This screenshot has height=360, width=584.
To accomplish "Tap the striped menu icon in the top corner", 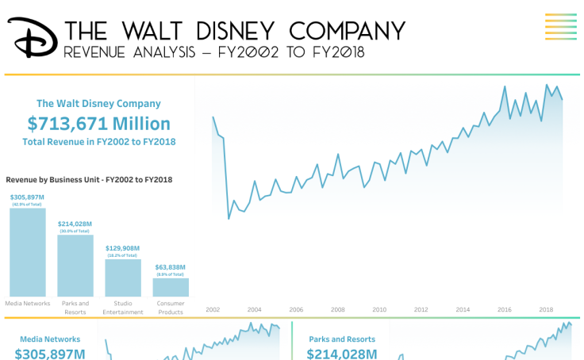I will pyautogui.click(x=560, y=26).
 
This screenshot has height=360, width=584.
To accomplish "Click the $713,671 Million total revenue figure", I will pyautogui.click(x=98, y=124).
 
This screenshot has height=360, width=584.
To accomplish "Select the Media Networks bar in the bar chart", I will pyautogui.click(x=28, y=252).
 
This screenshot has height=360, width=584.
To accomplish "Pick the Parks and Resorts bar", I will pyautogui.click(x=75, y=266).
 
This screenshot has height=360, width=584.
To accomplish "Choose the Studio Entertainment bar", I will pyautogui.click(x=123, y=278).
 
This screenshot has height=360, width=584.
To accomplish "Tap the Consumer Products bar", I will pyautogui.click(x=171, y=287).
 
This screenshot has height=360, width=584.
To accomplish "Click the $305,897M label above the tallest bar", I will pyautogui.click(x=28, y=197).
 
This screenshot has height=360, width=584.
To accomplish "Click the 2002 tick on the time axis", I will pyautogui.click(x=213, y=310).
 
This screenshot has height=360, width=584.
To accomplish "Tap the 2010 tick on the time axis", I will pyautogui.click(x=379, y=310).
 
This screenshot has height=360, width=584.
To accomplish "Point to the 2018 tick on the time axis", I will pyautogui.click(x=546, y=310).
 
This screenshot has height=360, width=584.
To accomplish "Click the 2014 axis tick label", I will pyautogui.click(x=463, y=310).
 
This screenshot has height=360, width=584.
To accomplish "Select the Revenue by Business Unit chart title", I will pyautogui.click(x=89, y=180).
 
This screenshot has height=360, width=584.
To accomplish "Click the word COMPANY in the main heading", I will pyautogui.click(x=348, y=30).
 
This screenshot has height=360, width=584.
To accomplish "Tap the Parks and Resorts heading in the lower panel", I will pyautogui.click(x=342, y=339).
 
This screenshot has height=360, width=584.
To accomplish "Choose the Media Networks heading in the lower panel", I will pyautogui.click(x=50, y=339).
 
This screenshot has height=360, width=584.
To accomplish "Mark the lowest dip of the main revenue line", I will pyautogui.click(x=229, y=218).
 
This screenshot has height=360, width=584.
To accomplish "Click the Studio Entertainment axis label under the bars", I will pyautogui.click(x=123, y=308).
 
